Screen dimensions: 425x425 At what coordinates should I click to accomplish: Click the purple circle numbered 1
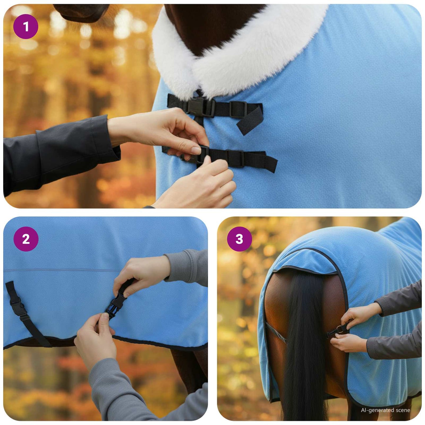[x=26, y=27]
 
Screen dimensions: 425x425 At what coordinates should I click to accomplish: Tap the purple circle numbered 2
[x=26, y=239]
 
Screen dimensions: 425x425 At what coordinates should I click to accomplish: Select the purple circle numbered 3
[x=239, y=239]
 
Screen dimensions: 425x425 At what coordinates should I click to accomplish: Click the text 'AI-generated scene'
[x=385, y=410]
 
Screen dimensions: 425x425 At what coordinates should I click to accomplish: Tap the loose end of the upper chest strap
[x=250, y=121]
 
